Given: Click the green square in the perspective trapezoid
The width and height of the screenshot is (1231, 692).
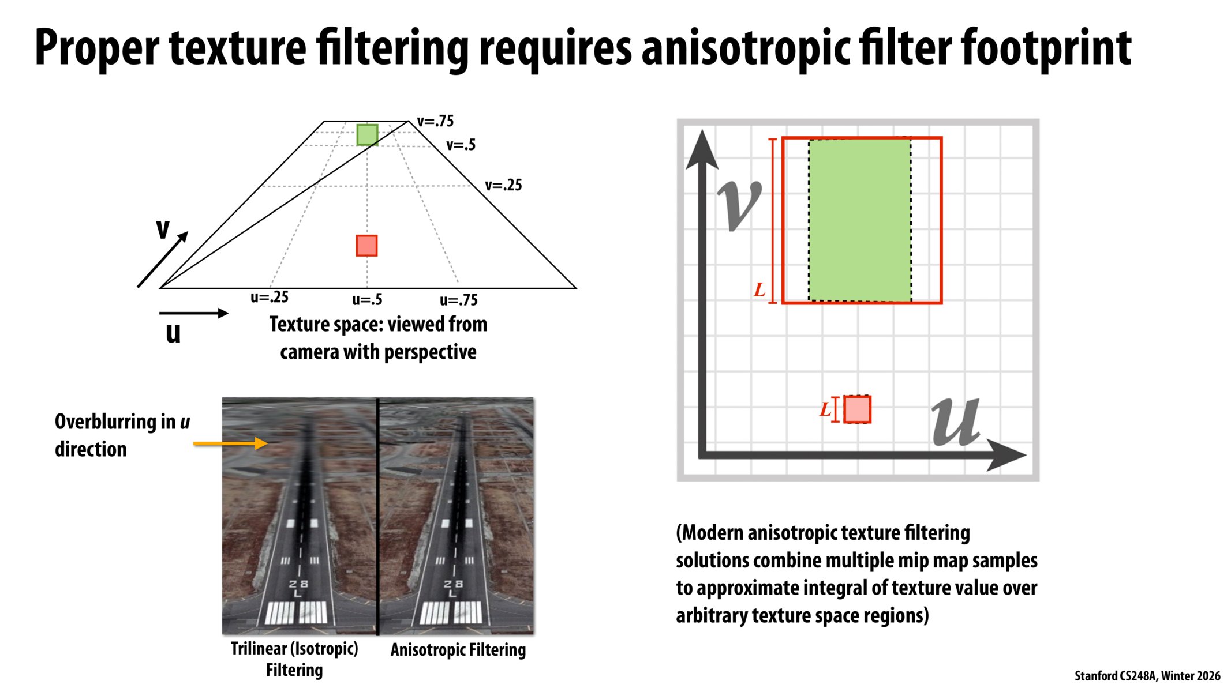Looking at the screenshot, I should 367,135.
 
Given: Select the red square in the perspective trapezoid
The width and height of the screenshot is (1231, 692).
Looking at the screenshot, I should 366,246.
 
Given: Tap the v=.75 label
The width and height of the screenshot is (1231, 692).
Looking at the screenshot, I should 435,122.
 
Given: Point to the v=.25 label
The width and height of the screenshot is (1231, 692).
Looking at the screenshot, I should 503,186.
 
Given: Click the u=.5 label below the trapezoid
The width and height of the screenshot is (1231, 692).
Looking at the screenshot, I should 367,300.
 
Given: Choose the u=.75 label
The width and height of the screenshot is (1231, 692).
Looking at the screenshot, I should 458,300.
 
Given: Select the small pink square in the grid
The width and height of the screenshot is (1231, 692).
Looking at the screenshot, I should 857,409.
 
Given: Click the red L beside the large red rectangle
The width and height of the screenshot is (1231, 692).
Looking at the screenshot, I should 759,290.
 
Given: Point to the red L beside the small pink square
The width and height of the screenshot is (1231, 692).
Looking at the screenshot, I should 825,410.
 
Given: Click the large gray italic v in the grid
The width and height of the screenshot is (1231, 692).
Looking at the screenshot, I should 739,205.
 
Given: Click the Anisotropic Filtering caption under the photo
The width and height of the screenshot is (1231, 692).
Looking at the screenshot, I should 458,650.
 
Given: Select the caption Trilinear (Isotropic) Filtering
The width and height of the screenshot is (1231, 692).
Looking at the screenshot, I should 294,659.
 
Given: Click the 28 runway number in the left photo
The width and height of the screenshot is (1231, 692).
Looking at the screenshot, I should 298,584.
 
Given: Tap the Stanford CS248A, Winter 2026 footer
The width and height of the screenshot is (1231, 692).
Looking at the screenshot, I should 1147,676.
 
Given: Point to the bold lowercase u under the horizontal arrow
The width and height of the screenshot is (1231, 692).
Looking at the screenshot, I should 173,333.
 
